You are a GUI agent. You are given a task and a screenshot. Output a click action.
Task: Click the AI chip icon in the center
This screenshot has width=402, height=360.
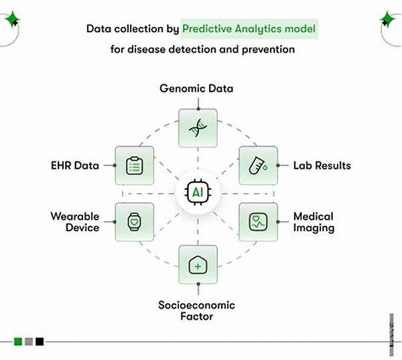coord(197,192)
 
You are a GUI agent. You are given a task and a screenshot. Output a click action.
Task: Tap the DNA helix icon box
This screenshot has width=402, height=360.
coord(197,127)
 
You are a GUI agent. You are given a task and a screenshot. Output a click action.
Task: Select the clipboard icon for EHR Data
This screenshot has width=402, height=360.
coord(135,165)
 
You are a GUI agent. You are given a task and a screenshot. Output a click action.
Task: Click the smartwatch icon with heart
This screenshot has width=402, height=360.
coord(135,221)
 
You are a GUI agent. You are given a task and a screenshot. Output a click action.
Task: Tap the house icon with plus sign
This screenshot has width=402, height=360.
coord(197,264)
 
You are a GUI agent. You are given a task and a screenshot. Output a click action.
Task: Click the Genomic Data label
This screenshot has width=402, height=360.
coord(197,88)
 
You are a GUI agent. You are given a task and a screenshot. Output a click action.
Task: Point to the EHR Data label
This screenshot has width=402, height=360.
coord(74,165)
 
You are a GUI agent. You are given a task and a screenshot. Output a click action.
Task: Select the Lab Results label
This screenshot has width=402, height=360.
coord(322,165)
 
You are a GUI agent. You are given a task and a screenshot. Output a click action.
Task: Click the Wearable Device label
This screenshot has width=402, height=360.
coord(74,222)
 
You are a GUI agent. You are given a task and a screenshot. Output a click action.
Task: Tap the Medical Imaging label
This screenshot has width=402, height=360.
coord(314,222)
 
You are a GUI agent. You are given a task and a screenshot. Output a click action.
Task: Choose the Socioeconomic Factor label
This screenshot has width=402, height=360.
coord(196,310)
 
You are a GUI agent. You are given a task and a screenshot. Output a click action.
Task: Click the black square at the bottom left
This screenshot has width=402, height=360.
coord(40,342)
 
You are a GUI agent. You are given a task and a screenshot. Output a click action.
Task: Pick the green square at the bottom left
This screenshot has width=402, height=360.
coord(17,342)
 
